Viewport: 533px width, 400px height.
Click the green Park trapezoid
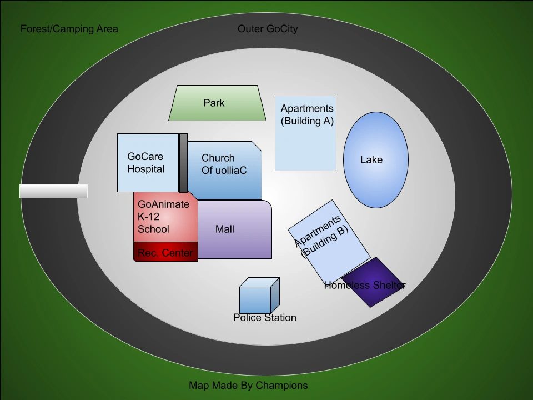point(217,103)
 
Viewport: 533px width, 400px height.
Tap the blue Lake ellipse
point(376,160)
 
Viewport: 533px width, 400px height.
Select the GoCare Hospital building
point(147,163)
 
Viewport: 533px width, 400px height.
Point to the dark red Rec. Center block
point(165,253)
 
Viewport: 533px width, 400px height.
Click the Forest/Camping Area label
point(69,29)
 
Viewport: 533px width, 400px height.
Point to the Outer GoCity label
point(268,29)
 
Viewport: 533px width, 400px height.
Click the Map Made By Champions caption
point(248,385)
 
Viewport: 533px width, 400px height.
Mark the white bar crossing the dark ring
point(53,191)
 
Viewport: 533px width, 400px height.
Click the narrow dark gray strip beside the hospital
point(183,163)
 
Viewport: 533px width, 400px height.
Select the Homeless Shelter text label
point(365,286)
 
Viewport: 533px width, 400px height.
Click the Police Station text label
point(265,318)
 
